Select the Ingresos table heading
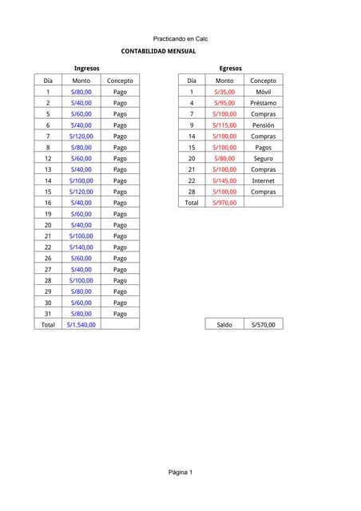point(86,69)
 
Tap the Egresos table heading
point(230,69)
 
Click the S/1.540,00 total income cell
point(81,325)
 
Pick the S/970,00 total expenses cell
point(224,203)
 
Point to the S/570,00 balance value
point(263,325)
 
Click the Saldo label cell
point(224,325)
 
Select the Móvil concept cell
point(263,92)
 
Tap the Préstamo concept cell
point(263,103)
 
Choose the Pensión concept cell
point(263,125)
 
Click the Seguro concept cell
point(263,158)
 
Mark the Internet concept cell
point(263,180)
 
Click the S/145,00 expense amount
point(224,180)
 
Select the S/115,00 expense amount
point(224,125)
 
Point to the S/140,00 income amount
point(81,248)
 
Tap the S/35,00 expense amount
point(224,92)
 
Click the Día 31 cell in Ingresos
point(48,314)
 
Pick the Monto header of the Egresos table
point(224,81)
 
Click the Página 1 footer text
point(180,473)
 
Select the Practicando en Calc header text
point(180,38)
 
